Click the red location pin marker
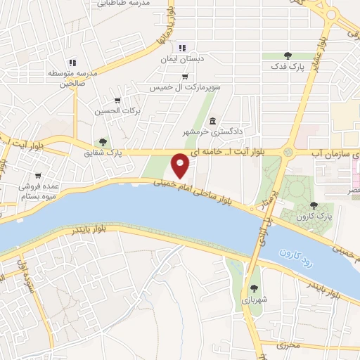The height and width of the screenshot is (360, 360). pyautogui.click(x=181, y=167)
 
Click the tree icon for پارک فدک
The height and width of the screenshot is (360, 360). pyautogui.click(x=287, y=56)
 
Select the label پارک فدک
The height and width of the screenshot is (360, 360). pyautogui.click(x=287, y=67)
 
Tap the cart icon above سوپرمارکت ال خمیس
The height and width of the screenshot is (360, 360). pyautogui.click(x=184, y=77)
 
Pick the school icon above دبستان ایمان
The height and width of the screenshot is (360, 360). pyautogui.click(x=182, y=48)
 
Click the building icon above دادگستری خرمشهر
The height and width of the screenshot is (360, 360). pyautogui.click(x=212, y=120)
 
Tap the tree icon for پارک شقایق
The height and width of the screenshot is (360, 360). pyautogui.click(x=103, y=142)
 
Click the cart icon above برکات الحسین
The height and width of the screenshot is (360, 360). pyautogui.click(x=117, y=100)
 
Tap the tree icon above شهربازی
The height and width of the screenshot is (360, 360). pyautogui.click(x=253, y=288)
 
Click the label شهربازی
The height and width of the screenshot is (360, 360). pyautogui.click(x=251, y=300)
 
